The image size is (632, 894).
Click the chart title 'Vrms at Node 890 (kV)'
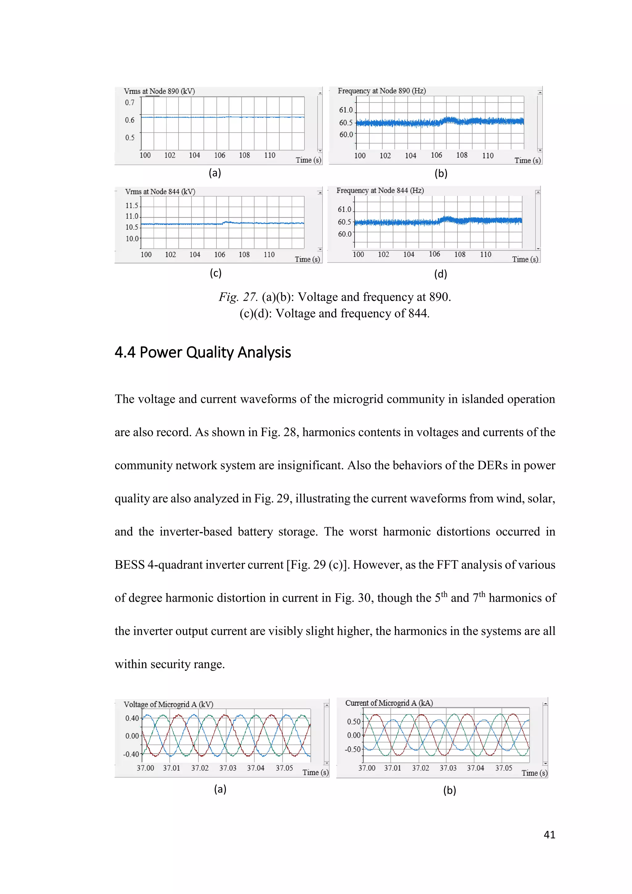(159, 91)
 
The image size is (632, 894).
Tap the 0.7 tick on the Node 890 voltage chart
(130, 102)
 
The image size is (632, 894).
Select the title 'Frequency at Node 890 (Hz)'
(381, 91)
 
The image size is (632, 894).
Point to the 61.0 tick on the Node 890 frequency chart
(346, 110)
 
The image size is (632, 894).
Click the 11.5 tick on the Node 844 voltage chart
(131, 205)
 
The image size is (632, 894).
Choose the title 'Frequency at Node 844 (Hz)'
(380, 190)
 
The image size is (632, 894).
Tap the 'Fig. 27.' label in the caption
(238, 297)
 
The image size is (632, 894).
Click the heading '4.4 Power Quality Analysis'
(202, 352)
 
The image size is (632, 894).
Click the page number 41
(549, 834)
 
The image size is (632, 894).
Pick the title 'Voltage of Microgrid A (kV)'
(168, 704)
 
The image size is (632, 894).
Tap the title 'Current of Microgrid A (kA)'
(389, 703)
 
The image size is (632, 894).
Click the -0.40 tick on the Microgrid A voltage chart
(131, 754)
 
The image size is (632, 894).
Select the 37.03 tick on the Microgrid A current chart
(448, 768)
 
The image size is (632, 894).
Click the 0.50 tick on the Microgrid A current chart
(354, 721)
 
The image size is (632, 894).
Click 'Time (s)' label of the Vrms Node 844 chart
(307, 259)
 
